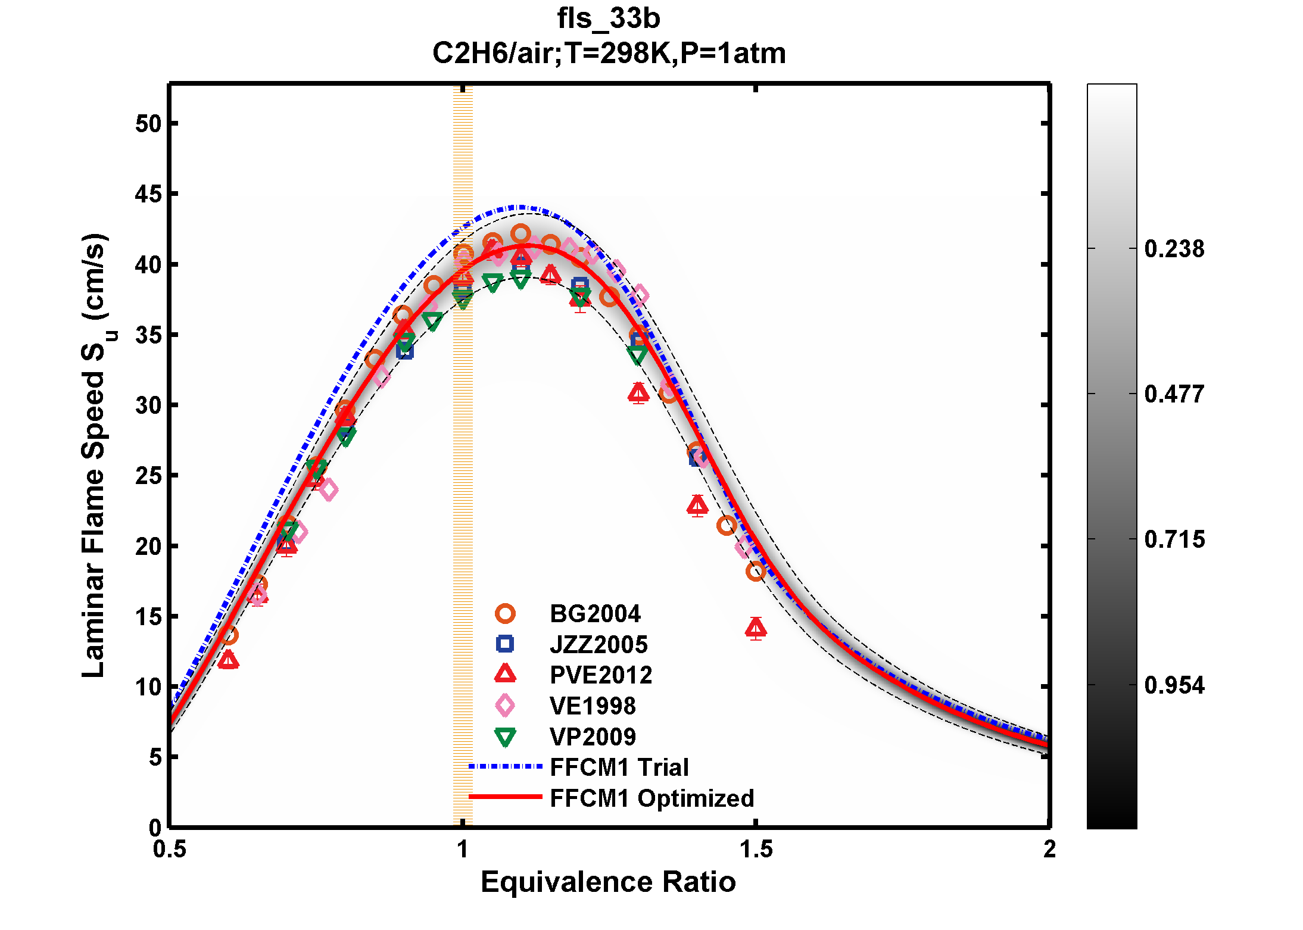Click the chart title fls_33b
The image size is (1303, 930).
click(x=609, y=19)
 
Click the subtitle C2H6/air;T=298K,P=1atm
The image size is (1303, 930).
click(x=609, y=54)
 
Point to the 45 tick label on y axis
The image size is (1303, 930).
click(x=148, y=194)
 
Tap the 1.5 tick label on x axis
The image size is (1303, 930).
click(x=756, y=849)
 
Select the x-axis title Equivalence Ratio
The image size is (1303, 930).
click(x=608, y=882)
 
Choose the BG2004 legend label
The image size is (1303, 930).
click(x=595, y=614)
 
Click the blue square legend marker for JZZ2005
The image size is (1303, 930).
click(x=505, y=644)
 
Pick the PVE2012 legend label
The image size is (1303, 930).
click(x=600, y=675)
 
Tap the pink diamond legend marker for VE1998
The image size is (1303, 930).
click(x=505, y=706)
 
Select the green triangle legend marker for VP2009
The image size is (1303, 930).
click(x=505, y=737)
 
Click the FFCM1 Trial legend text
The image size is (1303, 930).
click(x=619, y=767)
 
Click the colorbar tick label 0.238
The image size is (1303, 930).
click(x=1174, y=249)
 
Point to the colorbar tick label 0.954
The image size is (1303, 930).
click(x=1174, y=685)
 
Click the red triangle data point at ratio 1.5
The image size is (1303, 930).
click(x=756, y=628)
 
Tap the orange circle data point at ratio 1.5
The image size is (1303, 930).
click(x=756, y=571)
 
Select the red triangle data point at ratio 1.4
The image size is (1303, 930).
click(x=697, y=505)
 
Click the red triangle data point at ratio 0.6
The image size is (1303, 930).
click(x=228, y=660)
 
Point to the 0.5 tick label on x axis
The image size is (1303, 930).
click(x=170, y=849)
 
